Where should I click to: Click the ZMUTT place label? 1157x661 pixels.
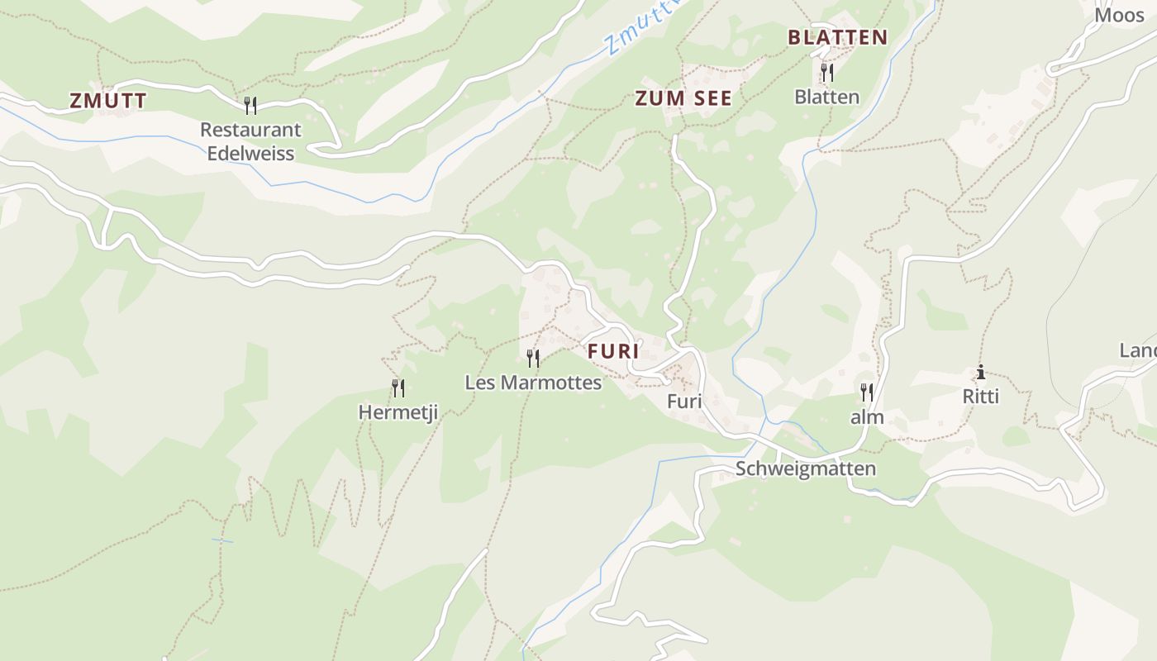click(108, 101)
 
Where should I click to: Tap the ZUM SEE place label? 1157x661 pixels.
click(683, 98)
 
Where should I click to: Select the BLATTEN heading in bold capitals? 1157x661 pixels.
click(837, 37)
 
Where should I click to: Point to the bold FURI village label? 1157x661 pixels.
click(613, 350)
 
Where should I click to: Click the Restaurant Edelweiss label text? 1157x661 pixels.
click(250, 141)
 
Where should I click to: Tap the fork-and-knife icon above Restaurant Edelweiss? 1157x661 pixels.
click(250, 105)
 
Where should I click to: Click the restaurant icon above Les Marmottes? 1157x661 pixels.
click(533, 358)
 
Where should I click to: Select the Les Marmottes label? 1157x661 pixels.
click(533, 383)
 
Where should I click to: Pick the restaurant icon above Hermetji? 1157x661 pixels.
click(398, 388)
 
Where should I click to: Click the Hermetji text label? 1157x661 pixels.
click(398, 411)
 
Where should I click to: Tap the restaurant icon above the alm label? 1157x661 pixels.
click(866, 392)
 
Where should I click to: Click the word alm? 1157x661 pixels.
click(867, 417)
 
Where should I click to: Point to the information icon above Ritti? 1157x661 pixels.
click(981, 373)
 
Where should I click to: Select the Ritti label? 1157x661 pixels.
click(981, 397)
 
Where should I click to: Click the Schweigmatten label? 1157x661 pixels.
click(805, 468)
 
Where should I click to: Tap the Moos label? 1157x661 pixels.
click(1120, 15)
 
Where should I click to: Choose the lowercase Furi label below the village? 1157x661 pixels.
click(684, 402)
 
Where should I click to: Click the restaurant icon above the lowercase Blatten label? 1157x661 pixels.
click(826, 73)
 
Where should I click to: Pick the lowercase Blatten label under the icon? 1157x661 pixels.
click(826, 97)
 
